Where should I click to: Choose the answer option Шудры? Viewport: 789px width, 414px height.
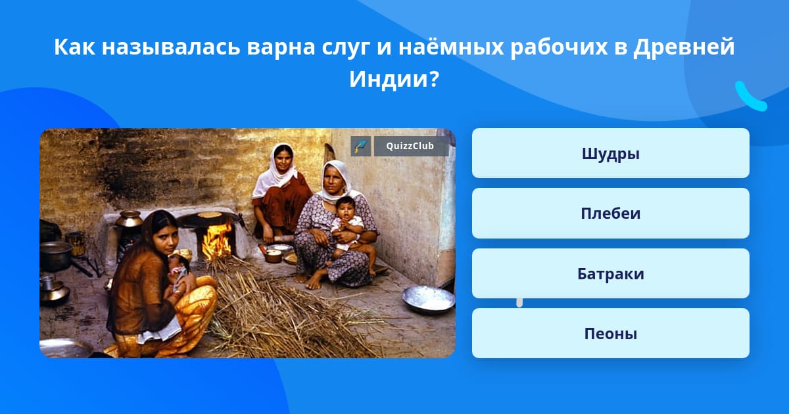coord(610,153)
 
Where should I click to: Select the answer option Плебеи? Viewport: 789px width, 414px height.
coord(610,214)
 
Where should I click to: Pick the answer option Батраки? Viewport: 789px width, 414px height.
coord(610,273)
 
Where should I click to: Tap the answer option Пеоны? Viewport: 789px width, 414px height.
coord(610,333)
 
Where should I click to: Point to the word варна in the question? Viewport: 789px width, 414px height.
coord(281,47)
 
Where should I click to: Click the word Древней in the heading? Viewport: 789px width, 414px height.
coord(684,47)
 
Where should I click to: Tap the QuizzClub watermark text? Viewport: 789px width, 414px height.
coord(410,146)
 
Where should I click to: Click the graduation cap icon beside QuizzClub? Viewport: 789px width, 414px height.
coord(361,146)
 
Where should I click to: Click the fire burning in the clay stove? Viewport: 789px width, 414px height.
coord(216,242)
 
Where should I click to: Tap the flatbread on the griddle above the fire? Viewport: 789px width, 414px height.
coord(209,214)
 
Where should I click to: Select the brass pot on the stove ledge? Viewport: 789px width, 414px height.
coord(129,219)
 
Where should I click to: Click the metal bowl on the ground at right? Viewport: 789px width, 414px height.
coord(429,299)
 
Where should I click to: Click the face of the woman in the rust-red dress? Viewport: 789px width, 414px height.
coord(284,158)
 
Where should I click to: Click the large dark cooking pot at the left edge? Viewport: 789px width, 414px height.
coord(55,255)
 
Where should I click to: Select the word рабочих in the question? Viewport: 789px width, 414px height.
coord(559,47)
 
